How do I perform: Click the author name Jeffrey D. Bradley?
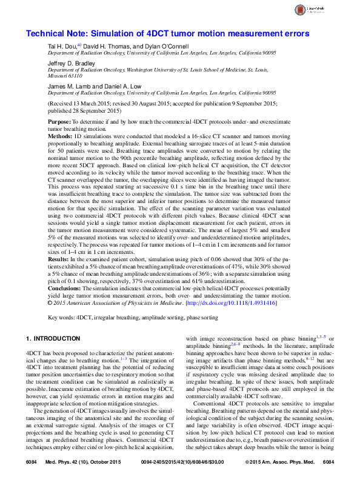pos(72,62)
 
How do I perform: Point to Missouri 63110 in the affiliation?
pos(65,77)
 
